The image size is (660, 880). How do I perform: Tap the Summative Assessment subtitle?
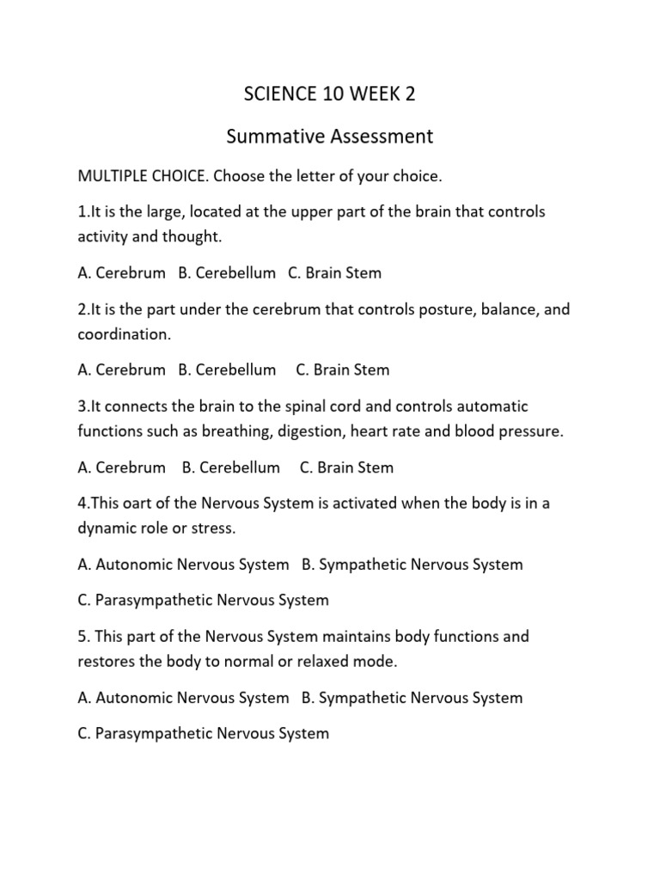pos(329,136)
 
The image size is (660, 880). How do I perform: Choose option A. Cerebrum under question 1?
pos(121,273)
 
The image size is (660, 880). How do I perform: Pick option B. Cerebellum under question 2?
pos(227,370)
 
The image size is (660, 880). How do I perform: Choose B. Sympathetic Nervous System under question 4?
pos(412,565)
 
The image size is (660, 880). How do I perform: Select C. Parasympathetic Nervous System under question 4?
pos(203,600)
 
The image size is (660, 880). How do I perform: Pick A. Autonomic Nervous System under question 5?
pos(183,698)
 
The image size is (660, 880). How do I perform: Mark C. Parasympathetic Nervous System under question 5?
pos(203,734)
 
